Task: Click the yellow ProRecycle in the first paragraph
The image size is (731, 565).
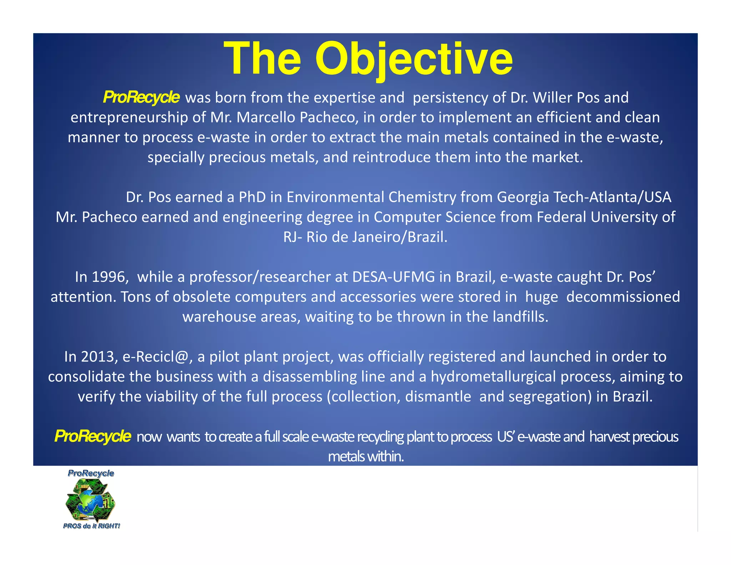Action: (141, 97)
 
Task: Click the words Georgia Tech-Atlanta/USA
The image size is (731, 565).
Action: (584, 197)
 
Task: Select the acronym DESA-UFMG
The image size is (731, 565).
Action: (394, 277)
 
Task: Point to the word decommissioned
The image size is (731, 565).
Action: (623, 297)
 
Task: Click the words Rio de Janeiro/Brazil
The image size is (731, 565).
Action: (377, 237)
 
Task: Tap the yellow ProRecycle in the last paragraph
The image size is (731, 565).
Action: (93, 436)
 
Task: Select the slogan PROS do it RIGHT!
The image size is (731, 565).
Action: (91, 526)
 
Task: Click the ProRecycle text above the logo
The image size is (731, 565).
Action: (91, 473)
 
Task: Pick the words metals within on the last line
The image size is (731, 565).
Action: (366, 456)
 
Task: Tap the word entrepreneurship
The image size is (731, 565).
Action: (129, 117)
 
